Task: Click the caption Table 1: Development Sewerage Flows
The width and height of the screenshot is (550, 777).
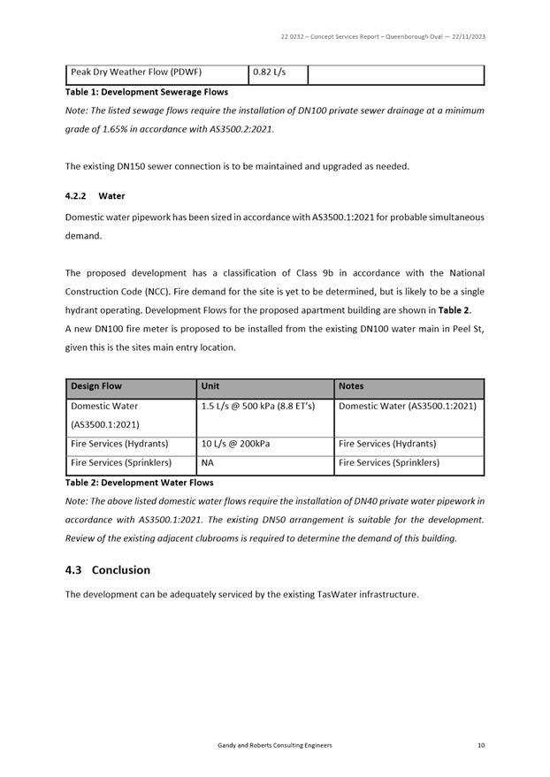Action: (x=147, y=92)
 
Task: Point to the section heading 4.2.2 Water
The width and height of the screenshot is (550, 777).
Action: (x=95, y=195)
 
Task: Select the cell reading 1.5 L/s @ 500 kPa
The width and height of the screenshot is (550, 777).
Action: (x=264, y=407)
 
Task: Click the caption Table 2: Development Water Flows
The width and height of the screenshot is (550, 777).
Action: (x=140, y=483)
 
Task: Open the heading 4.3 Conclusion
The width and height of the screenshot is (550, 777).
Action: (x=108, y=570)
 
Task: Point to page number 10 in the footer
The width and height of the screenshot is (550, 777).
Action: (x=480, y=745)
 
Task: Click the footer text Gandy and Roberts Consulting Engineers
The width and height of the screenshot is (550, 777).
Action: (x=275, y=745)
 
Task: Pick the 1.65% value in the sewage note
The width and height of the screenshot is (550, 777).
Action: (x=118, y=129)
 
